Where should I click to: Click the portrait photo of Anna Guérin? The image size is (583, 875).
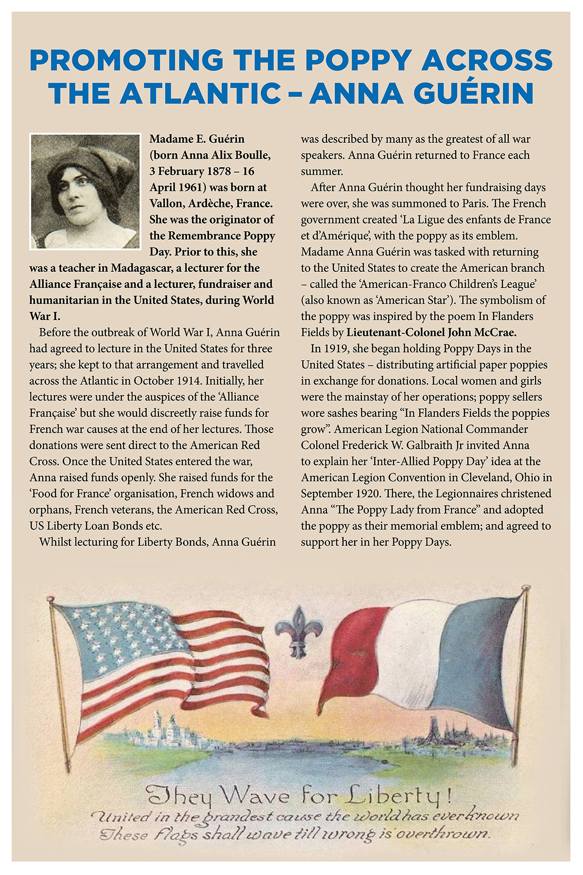85,192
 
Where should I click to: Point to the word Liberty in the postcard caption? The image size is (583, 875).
394,797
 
